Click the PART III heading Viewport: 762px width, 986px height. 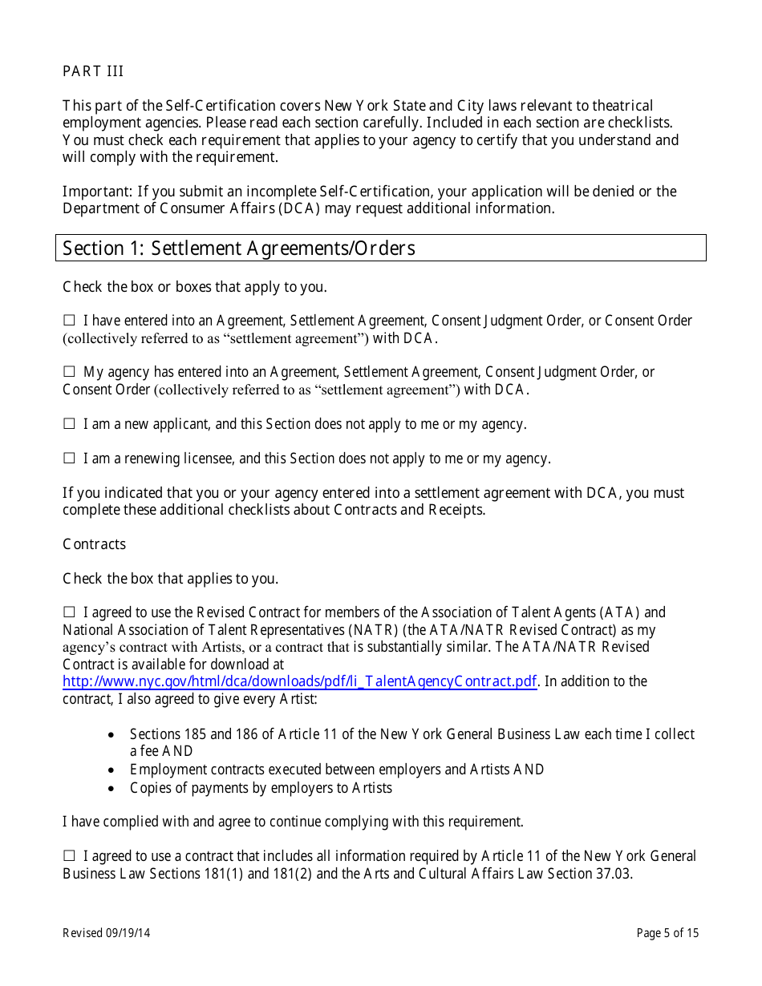coord(93,71)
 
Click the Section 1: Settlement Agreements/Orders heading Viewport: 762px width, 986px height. coord(239,249)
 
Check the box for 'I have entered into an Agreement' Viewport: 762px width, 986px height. coord(69,321)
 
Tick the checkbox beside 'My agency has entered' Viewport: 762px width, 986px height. coord(69,372)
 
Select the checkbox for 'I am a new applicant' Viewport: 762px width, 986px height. coord(69,424)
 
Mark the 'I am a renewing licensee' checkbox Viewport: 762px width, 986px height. coord(69,459)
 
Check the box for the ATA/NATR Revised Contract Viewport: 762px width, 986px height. coord(69,612)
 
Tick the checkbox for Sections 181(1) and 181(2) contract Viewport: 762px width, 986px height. coord(69,856)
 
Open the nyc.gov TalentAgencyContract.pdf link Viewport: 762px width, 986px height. coord(299,681)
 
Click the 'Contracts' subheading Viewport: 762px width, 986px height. coord(94,544)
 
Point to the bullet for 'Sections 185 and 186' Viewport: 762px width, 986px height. coord(111,735)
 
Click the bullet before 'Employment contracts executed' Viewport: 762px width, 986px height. coord(111,770)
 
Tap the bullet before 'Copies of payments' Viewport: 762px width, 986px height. coord(111,789)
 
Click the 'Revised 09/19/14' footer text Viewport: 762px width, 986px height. coord(107,933)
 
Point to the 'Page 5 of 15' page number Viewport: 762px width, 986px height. coord(667,933)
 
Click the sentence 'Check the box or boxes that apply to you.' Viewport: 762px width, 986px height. coord(195,287)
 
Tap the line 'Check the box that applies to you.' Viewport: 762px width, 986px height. coord(171,579)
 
